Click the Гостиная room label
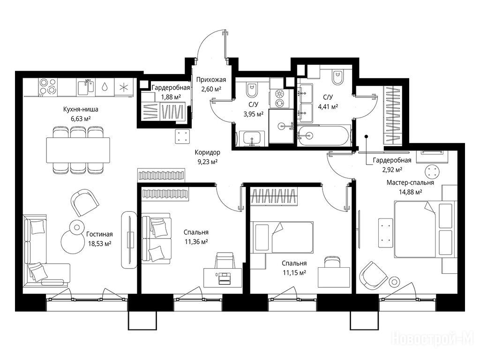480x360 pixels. (x=99, y=234)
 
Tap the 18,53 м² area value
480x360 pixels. (x=99, y=244)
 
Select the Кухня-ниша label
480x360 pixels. (x=81, y=109)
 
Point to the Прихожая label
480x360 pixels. (x=211, y=80)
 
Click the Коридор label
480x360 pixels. (x=207, y=152)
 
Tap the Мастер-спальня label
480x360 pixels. (x=410, y=183)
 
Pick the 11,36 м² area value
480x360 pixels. (x=196, y=242)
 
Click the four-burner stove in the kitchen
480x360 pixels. (x=48, y=86)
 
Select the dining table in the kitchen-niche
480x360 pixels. (x=78, y=150)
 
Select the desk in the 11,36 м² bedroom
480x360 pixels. (x=223, y=278)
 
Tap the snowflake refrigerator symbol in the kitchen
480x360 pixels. (x=124, y=87)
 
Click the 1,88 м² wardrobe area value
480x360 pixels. (x=171, y=97)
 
